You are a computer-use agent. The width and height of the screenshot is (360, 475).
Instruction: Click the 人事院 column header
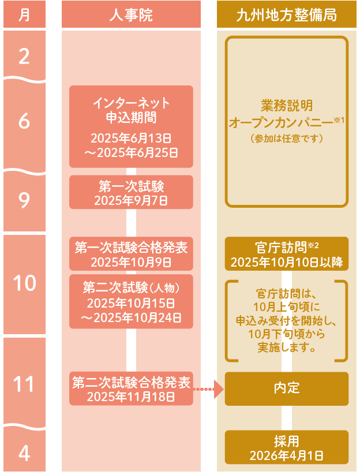131,14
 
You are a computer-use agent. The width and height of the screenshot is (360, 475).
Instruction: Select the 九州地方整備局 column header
286,14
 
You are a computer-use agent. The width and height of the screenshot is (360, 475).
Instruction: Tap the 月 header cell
24,14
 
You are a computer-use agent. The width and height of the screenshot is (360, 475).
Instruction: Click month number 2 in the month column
24,57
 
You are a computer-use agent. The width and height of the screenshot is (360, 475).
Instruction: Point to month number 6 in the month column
24,122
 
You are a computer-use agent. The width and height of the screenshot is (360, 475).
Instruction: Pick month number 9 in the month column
24,200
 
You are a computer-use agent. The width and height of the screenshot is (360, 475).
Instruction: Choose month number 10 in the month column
24,283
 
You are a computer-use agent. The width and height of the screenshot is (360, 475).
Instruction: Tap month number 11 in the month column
24,383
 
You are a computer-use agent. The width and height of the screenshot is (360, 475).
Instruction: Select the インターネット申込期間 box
131,126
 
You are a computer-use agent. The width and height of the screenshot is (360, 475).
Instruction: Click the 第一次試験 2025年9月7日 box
131,192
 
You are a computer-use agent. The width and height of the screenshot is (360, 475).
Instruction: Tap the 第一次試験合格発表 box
131,254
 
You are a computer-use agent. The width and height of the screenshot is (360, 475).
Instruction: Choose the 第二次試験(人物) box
131,302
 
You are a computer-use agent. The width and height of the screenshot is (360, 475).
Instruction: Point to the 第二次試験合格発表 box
131,389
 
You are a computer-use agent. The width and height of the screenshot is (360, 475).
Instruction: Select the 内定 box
286,388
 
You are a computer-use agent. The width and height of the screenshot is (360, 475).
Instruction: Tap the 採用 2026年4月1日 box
286,447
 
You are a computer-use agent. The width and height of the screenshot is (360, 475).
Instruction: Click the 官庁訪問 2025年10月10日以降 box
286,254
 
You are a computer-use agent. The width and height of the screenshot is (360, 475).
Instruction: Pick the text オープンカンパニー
280,123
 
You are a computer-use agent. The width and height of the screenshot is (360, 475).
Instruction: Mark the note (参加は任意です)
286,139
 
